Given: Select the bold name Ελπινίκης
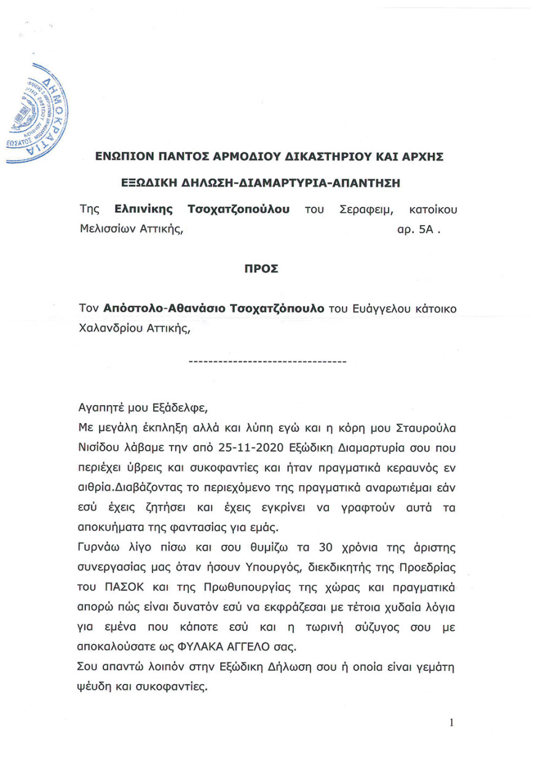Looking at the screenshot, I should click(136, 210).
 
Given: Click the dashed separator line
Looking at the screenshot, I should click(267, 361).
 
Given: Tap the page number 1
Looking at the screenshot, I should click(451, 723).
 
